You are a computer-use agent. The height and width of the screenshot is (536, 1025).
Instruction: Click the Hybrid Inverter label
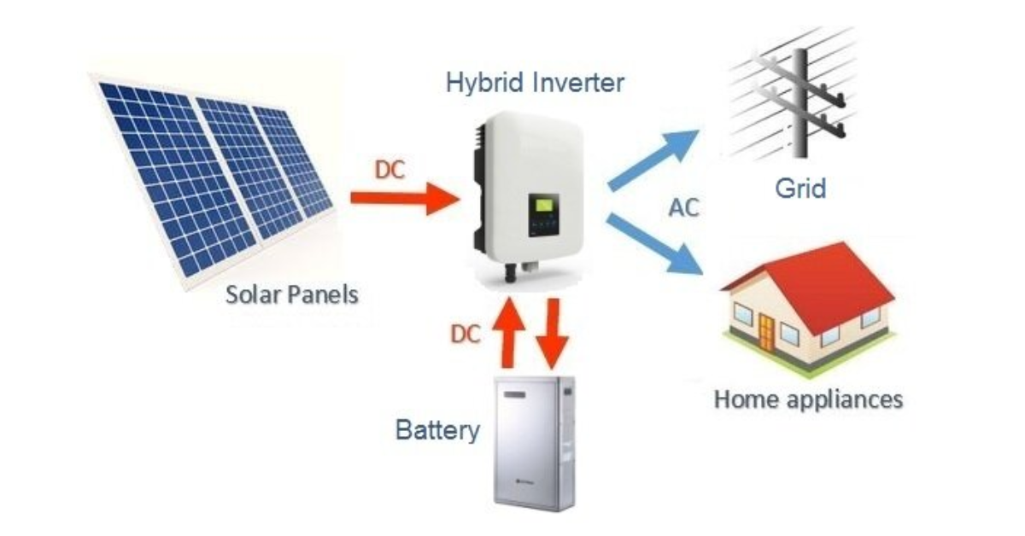(x=535, y=84)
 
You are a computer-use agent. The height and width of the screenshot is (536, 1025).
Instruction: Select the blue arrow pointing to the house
(x=658, y=246)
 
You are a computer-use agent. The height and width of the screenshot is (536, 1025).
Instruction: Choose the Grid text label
(x=799, y=188)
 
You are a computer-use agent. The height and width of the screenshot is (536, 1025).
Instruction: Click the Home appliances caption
(x=807, y=399)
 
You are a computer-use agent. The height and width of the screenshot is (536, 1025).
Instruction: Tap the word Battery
(x=437, y=429)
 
